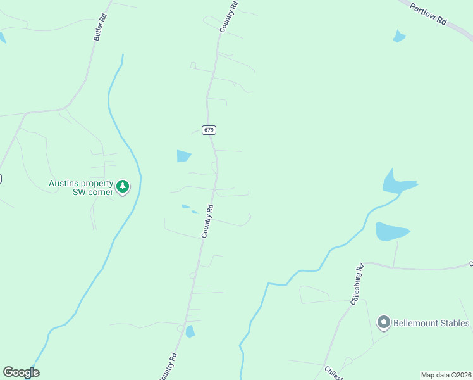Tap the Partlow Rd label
428,13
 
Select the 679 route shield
209,130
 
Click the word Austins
64,184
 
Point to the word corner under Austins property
97,191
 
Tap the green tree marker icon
123,187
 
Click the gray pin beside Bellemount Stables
383,323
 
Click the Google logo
21,372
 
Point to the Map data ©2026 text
446,375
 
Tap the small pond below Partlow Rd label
398,36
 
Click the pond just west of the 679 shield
183,156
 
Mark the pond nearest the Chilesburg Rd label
391,231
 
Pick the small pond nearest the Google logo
190,331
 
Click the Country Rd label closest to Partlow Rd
228,17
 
